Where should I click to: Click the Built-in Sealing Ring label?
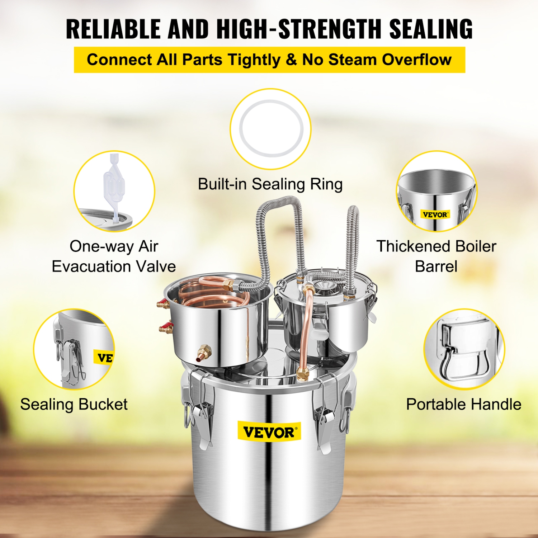point(270,184)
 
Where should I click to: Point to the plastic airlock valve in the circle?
point(114,187)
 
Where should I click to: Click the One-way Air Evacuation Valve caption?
point(114,256)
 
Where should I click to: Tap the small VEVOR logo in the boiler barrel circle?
point(435,215)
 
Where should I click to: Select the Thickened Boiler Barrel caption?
point(436,256)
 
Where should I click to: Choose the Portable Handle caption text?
point(463,404)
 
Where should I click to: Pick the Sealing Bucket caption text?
point(74,404)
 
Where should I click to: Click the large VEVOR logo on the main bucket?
point(269,432)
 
